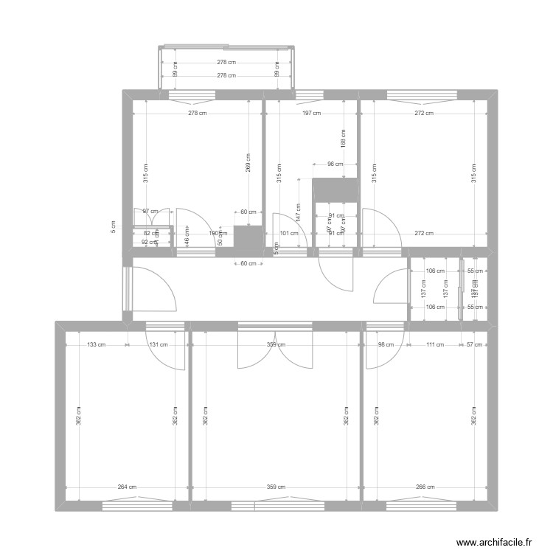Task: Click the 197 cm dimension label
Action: (312, 114)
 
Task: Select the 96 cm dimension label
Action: (335, 164)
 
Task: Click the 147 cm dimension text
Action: (299, 212)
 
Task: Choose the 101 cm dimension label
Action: (289, 234)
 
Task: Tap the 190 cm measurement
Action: (214, 234)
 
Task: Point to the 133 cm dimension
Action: (97, 344)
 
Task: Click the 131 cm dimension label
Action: (159, 344)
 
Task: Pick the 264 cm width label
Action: (127, 487)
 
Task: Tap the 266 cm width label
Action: (425, 487)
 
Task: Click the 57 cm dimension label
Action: (475, 344)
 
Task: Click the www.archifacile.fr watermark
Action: (493, 542)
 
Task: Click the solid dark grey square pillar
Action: (248, 237)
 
